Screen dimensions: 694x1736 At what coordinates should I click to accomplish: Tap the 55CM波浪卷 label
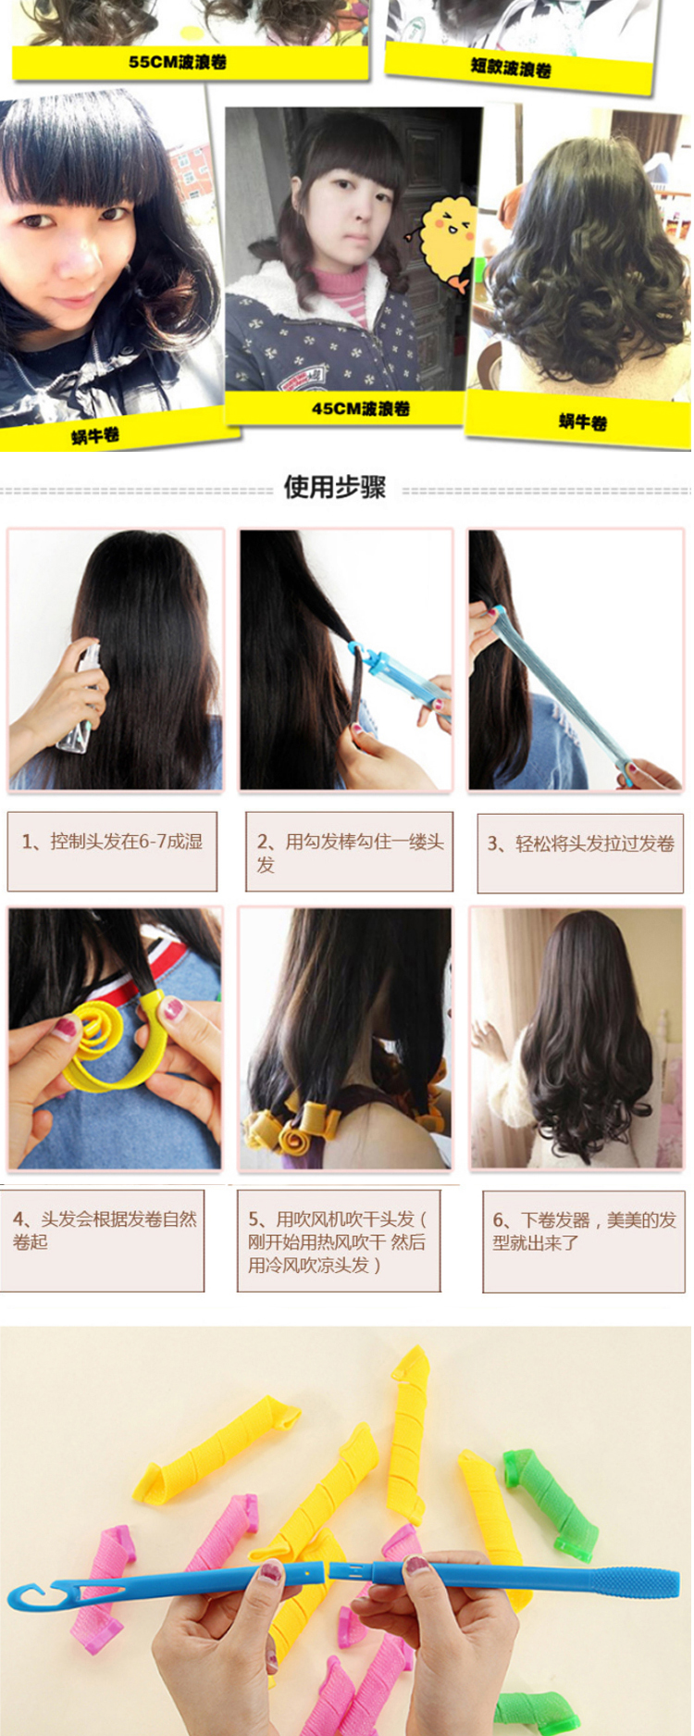178,63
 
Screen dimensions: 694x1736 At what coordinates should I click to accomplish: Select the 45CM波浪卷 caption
360,408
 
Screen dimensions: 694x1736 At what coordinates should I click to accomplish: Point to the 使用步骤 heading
335,487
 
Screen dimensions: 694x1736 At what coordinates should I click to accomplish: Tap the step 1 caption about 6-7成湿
112,842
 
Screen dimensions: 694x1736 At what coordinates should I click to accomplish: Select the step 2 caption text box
349,852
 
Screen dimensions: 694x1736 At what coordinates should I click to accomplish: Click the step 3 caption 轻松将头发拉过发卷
581,843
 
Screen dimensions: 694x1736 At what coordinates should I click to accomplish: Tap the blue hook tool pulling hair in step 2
390,681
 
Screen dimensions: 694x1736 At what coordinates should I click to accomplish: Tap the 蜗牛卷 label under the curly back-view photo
583,423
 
